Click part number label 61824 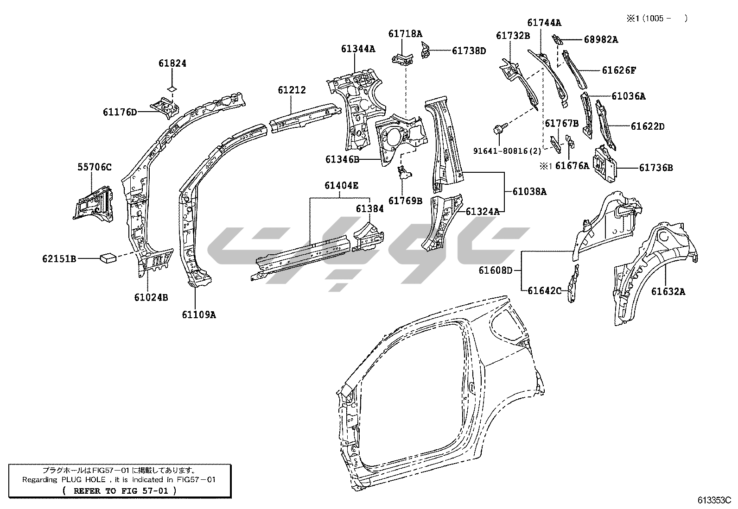172,63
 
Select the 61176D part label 120,112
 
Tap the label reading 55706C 95,167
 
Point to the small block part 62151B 109,256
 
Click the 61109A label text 199,315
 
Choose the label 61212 292,90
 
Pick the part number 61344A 358,48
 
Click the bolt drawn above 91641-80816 500,130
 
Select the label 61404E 341,186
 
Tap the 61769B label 405,201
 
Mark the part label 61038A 529,191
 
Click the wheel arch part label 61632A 668,291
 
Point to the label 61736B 656,168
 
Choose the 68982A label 601,40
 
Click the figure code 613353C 714,500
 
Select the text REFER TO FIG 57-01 120,490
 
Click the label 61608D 496,270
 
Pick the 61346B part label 342,159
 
